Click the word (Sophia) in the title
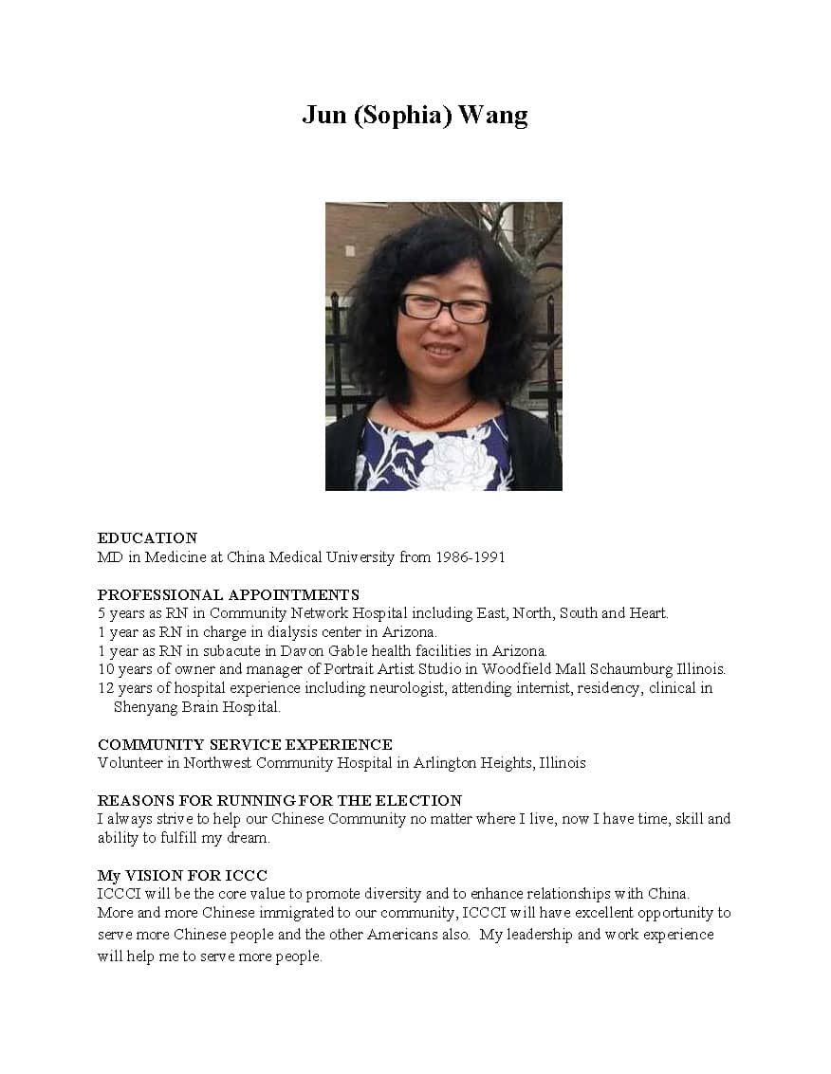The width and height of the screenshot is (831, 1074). pos(404,116)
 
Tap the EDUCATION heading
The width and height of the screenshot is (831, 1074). pos(147,538)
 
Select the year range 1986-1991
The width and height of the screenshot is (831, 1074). pos(470,557)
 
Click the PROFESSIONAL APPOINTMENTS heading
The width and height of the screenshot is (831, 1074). pos(228,595)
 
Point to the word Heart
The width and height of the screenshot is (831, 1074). pos(649,613)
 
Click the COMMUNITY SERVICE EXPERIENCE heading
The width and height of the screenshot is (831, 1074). pos(245,745)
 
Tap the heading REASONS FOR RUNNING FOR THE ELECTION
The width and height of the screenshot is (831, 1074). pos(280,801)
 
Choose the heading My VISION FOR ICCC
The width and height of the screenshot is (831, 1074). pos(182,876)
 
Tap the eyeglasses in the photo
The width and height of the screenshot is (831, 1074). pos(444,308)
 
